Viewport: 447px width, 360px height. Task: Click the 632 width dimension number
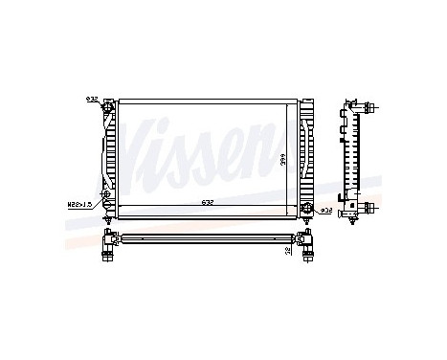206,201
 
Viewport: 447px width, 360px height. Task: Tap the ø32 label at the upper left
91,99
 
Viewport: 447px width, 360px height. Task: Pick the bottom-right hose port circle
308,208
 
